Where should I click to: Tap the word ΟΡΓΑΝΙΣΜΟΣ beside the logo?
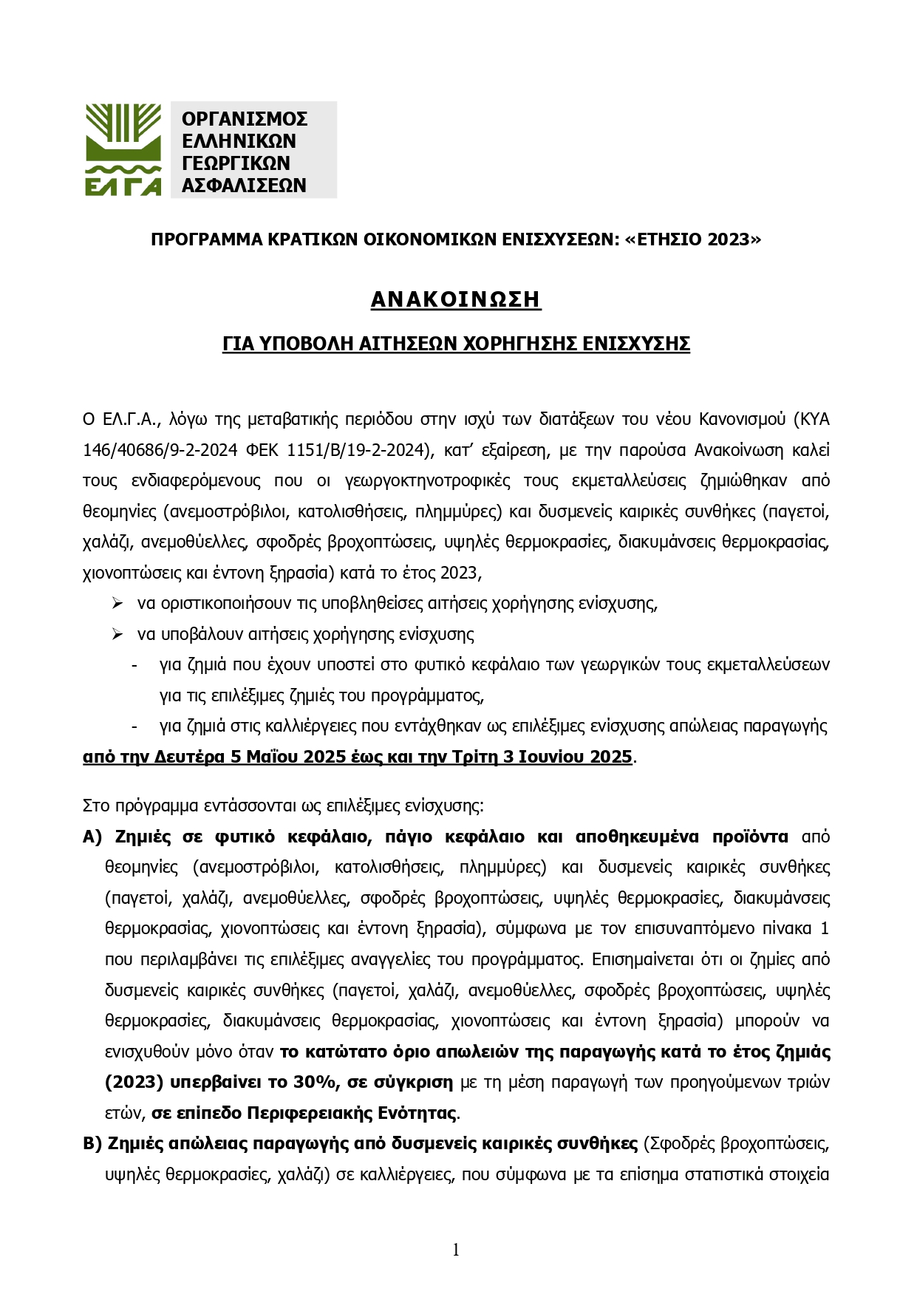(x=244, y=120)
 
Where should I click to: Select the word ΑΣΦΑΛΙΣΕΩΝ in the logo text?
(x=244, y=185)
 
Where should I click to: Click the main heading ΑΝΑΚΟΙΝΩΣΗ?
(x=456, y=299)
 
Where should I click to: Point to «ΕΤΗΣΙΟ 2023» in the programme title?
(x=692, y=239)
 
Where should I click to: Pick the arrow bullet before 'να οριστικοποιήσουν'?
(x=117, y=604)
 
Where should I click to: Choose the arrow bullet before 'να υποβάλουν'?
(x=117, y=634)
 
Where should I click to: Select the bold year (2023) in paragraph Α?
(x=134, y=1083)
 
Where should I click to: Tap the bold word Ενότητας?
(x=415, y=1113)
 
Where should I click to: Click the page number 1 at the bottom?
(x=456, y=1250)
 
